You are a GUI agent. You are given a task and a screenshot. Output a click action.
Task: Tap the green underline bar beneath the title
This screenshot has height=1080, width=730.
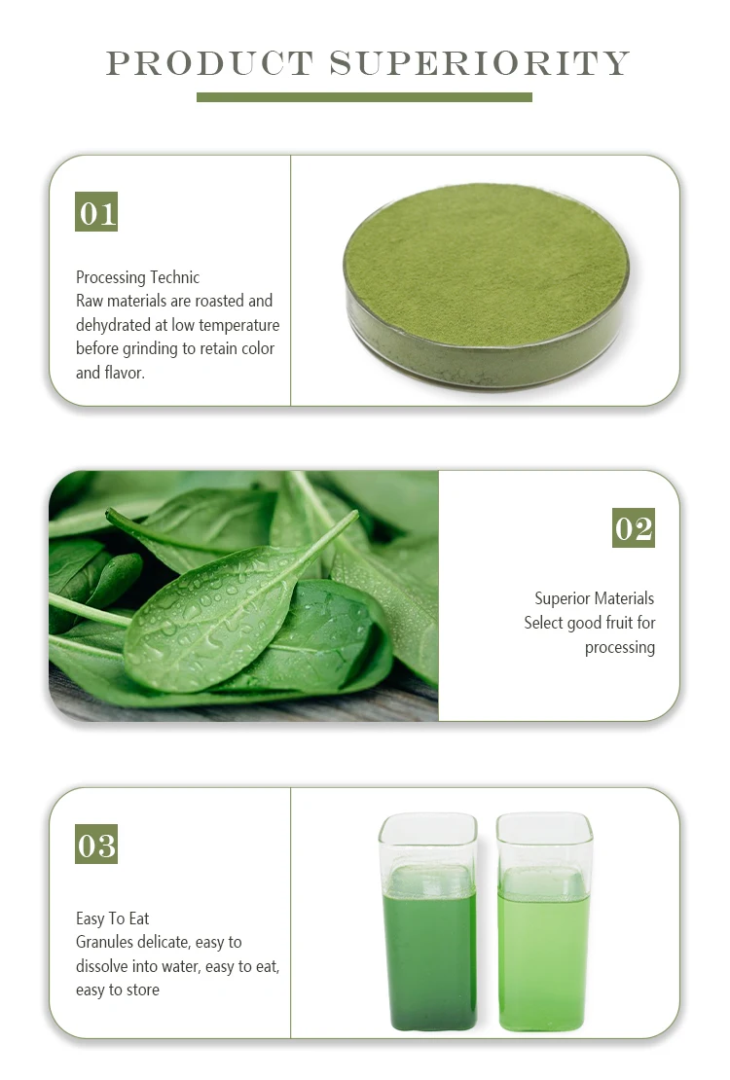tap(364, 97)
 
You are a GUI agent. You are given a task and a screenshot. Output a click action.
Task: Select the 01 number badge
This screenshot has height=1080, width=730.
tap(96, 212)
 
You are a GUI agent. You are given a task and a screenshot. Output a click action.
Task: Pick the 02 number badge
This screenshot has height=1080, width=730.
tap(634, 528)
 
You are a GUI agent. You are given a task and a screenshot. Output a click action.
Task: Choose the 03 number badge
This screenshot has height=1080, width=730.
tap(96, 845)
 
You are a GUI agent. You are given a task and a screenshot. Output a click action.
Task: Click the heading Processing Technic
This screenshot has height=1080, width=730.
tap(138, 277)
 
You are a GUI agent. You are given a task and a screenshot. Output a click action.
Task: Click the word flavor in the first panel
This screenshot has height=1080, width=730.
tap(124, 373)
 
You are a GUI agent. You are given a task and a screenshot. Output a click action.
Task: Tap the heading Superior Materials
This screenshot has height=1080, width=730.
tap(594, 598)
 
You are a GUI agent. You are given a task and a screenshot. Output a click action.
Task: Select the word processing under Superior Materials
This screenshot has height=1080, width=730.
tap(619, 647)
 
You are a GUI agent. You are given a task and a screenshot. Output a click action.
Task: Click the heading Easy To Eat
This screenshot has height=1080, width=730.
tap(113, 918)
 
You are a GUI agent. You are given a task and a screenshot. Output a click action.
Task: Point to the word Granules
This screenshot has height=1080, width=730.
tap(106, 942)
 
